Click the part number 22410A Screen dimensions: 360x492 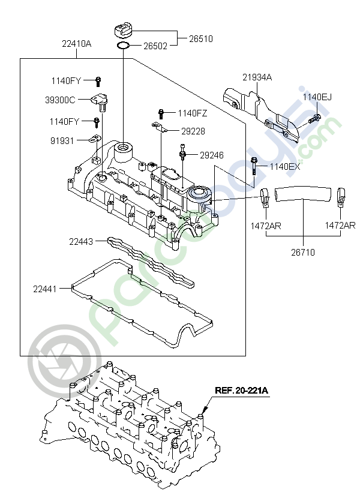click(x=76, y=44)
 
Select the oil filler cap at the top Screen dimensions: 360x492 click(x=123, y=31)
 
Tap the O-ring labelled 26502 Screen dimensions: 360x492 click(x=123, y=46)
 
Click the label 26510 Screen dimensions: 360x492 click(x=201, y=38)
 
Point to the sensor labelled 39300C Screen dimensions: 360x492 click(x=100, y=102)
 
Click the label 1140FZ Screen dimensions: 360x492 click(x=193, y=113)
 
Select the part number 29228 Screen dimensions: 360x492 click(x=193, y=131)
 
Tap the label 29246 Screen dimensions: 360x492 click(x=212, y=155)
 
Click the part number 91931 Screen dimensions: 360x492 click(x=62, y=141)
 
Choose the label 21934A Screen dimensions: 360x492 click(x=257, y=77)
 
